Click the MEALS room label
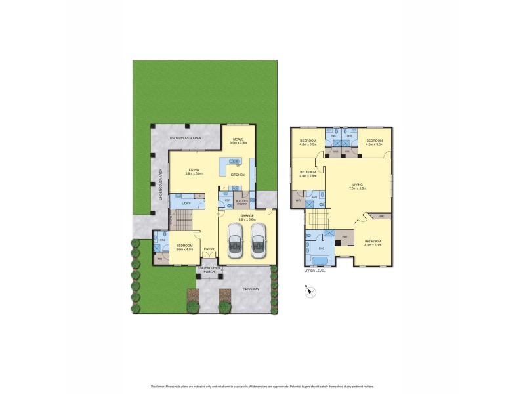(x=239, y=139)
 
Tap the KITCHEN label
(x=238, y=175)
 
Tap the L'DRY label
(x=186, y=204)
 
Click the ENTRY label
(x=209, y=248)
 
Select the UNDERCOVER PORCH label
(x=209, y=269)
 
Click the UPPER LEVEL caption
(x=314, y=270)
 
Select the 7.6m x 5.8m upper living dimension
(x=358, y=188)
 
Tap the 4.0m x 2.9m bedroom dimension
(x=308, y=176)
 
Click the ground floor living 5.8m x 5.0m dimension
(x=193, y=173)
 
